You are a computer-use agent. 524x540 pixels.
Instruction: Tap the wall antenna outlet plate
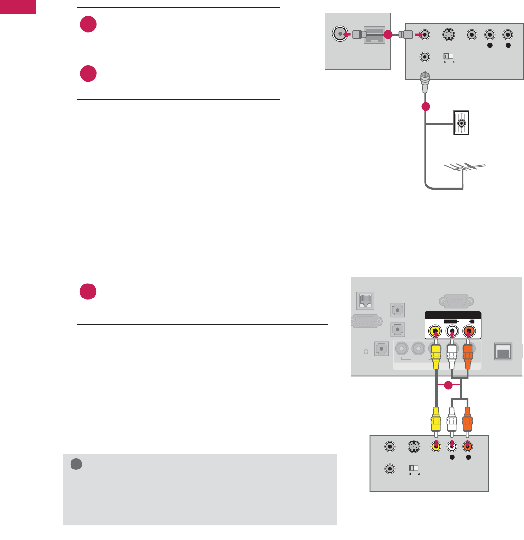click(462, 123)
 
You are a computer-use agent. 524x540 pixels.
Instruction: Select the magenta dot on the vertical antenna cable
click(425, 107)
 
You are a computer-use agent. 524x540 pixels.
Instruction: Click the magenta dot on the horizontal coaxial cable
click(387, 35)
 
